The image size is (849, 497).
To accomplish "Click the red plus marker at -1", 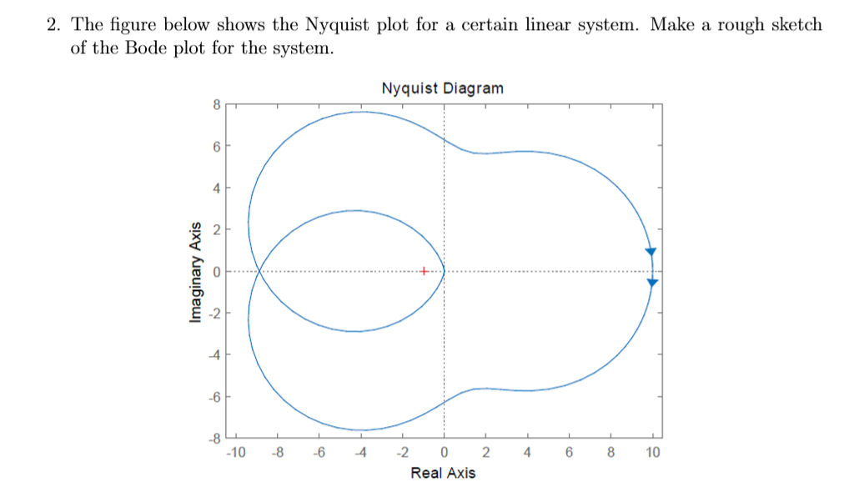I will pyautogui.click(x=424, y=271).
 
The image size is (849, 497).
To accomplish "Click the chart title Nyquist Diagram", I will pyautogui.click(x=442, y=88).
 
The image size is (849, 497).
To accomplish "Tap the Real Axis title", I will pyautogui.click(x=443, y=474).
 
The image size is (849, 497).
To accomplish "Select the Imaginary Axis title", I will pyautogui.click(x=195, y=272).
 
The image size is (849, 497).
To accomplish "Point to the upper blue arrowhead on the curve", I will pyautogui.click(x=651, y=251).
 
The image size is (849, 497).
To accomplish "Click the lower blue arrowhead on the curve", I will pyautogui.click(x=652, y=283).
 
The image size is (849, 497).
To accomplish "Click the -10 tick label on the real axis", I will pyautogui.click(x=235, y=453).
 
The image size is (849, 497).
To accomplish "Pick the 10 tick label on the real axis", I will pyautogui.click(x=652, y=453).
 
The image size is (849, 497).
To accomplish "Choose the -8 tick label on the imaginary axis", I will pyautogui.click(x=214, y=438).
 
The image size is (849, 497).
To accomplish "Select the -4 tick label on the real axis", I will pyautogui.click(x=359, y=453).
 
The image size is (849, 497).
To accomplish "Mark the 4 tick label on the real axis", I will pyautogui.click(x=527, y=453).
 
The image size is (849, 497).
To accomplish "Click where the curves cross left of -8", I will pyautogui.click(x=260, y=271).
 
